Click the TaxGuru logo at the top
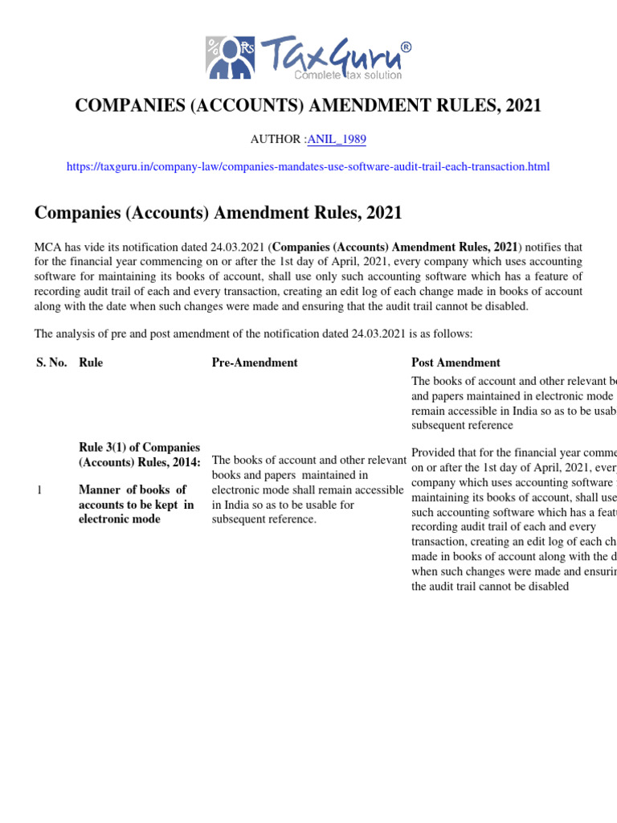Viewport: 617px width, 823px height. click(x=308, y=57)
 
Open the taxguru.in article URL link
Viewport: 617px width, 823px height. click(x=308, y=166)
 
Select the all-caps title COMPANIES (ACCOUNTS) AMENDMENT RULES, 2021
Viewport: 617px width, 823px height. click(x=308, y=105)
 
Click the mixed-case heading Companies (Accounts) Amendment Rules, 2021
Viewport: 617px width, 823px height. click(x=218, y=213)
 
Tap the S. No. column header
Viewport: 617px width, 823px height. click(x=51, y=362)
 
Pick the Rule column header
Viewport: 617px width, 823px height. click(x=91, y=362)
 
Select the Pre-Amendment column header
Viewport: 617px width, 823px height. click(x=255, y=362)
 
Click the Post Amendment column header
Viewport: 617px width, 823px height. click(x=456, y=362)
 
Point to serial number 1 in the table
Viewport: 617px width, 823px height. click(x=39, y=490)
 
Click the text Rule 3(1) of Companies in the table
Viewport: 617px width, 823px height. click(x=139, y=447)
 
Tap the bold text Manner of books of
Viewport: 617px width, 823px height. click(x=133, y=489)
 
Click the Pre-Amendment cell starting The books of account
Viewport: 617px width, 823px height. click(x=308, y=489)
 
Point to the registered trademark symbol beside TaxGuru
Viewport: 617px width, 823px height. click(x=406, y=47)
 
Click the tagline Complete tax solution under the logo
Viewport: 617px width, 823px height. click(x=348, y=75)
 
